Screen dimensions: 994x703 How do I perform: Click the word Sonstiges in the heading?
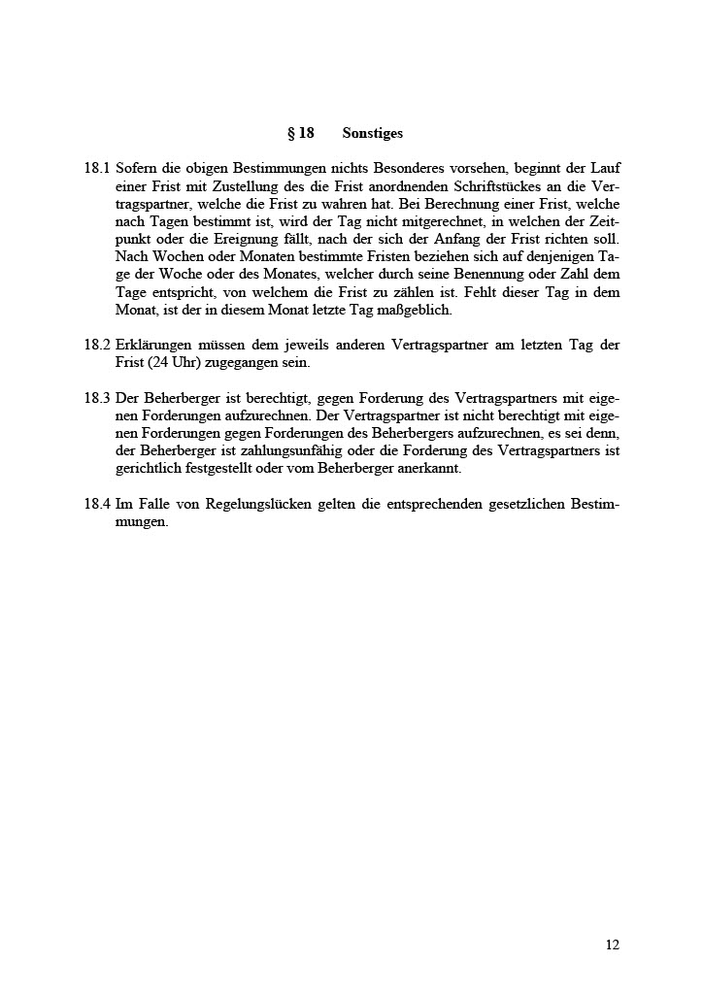pos(372,133)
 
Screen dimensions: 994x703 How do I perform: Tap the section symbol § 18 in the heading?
pos(300,133)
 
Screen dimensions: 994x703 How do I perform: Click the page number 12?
pos(612,944)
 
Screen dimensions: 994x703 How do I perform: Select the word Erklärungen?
pos(153,345)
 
